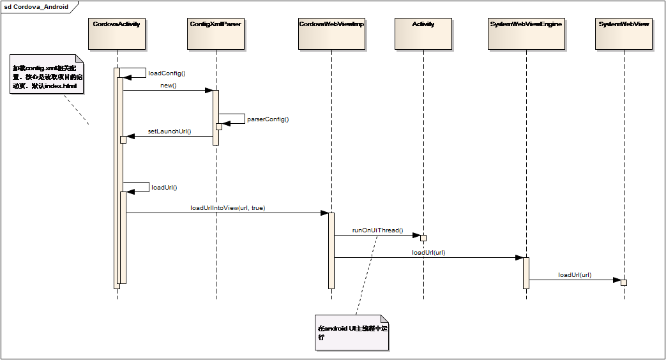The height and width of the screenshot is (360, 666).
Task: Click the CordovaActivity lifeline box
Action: [117, 34]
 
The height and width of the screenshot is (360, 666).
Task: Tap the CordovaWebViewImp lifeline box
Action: [331, 34]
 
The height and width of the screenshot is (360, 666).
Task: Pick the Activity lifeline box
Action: [423, 34]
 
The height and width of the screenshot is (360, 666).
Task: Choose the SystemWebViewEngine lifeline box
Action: [526, 34]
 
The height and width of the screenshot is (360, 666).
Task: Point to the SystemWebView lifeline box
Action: [624, 34]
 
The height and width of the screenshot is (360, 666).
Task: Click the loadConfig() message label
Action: [167, 73]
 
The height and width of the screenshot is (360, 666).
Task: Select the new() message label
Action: [169, 86]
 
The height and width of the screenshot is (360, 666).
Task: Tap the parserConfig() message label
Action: [268, 119]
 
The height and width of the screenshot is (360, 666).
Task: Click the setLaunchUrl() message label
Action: [170, 131]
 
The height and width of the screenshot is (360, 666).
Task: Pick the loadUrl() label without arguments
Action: [164, 188]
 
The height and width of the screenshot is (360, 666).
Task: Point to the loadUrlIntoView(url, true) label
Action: [228, 208]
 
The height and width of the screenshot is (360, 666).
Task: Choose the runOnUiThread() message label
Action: [378, 230]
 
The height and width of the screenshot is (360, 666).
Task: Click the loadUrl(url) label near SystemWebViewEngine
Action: [428, 253]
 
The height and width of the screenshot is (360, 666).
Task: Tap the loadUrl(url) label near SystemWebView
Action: [575, 275]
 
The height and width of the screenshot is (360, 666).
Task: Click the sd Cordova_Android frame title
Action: [36, 7]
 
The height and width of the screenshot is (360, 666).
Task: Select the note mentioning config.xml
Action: [47, 76]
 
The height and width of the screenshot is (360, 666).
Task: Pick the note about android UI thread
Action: [352, 333]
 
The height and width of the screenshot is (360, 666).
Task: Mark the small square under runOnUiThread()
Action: [423, 238]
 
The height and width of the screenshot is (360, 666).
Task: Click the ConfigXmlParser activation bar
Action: [216, 117]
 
